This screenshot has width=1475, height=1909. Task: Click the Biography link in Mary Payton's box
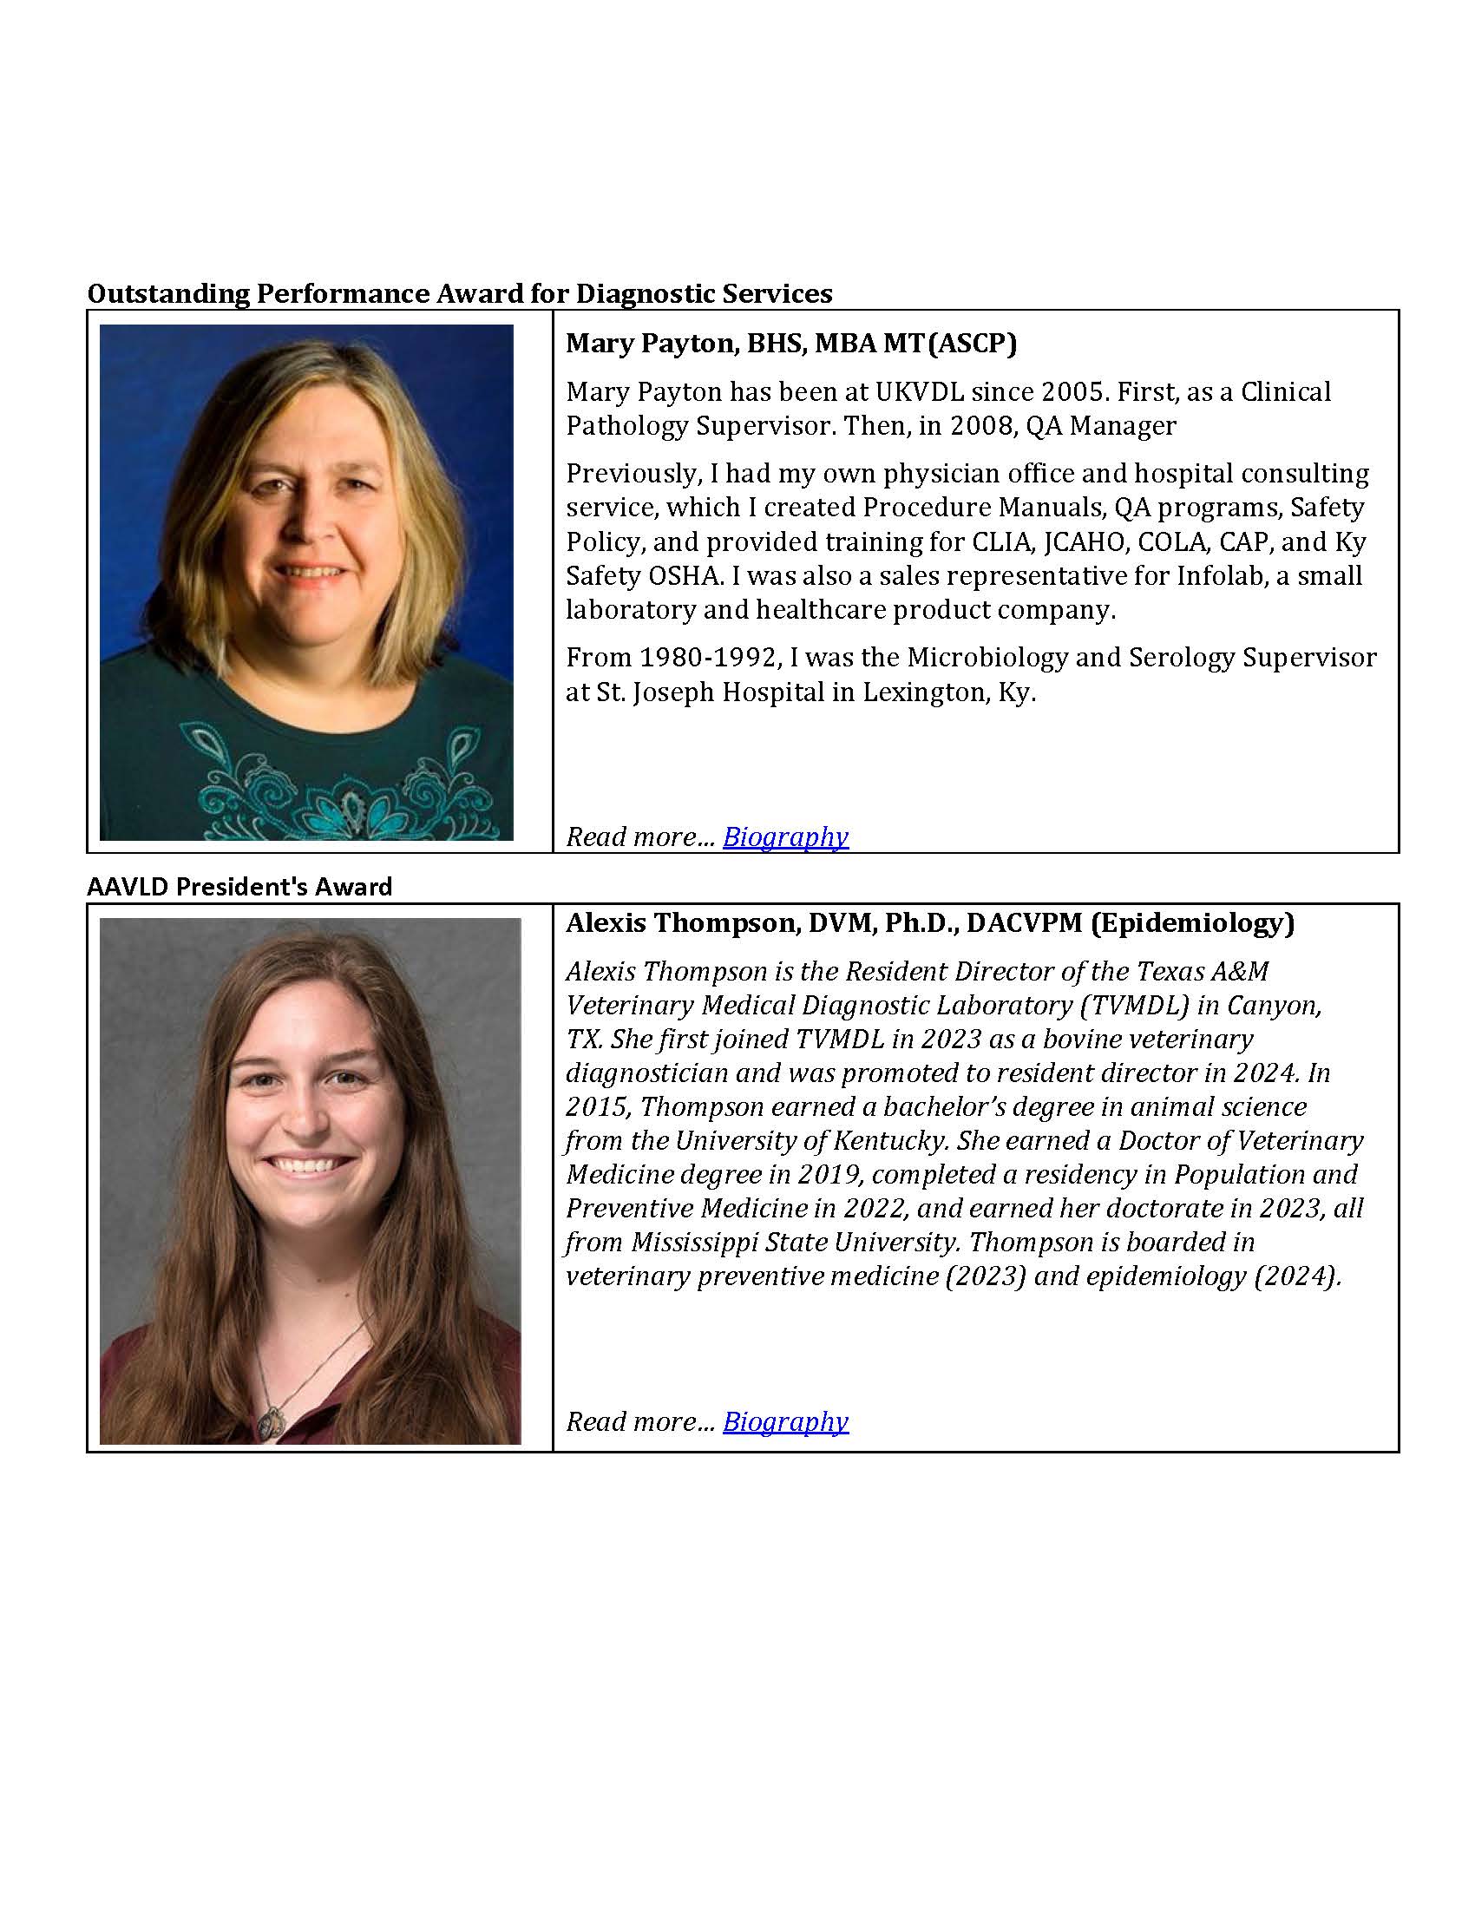(x=784, y=836)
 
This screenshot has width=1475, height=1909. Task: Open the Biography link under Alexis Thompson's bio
(x=784, y=1421)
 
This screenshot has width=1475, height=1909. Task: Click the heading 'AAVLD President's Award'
(x=239, y=886)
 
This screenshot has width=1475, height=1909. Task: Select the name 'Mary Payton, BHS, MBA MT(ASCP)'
(x=790, y=343)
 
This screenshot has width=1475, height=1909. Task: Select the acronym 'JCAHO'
(x=1082, y=541)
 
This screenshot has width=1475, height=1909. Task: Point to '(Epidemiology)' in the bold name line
(x=1192, y=922)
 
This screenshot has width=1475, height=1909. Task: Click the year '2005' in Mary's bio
(x=1067, y=391)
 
